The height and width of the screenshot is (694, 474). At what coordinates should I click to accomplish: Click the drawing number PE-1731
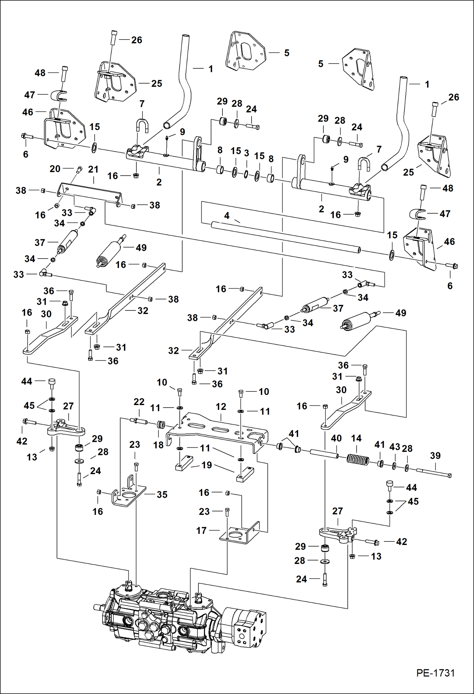pyautogui.click(x=435, y=673)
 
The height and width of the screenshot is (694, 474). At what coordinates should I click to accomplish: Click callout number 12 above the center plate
pyautogui.click(x=221, y=407)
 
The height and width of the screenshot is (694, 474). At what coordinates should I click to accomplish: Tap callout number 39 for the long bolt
pyautogui.click(x=435, y=456)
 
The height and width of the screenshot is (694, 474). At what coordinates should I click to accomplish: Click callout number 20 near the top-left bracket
pyautogui.click(x=55, y=169)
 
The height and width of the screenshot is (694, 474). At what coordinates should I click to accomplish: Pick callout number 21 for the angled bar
pyautogui.click(x=93, y=169)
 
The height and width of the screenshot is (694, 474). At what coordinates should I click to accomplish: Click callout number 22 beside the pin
pyautogui.click(x=139, y=402)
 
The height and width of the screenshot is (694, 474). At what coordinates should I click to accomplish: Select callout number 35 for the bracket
pyautogui.click(x=162, y=494)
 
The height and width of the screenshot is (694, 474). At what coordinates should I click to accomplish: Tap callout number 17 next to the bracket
pyautogui.click(x=201, y=530)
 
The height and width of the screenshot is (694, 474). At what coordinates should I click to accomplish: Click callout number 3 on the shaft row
pyautogui.click(x=246, y=153)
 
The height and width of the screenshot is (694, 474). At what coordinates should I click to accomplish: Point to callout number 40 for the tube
pyautogui.click(x=336, y=438)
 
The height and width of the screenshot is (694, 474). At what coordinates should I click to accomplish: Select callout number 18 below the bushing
pyautogui.click(x=158, y=445)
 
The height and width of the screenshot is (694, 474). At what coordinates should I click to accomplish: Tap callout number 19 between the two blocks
pyautogui.click(x=207, y=465)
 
